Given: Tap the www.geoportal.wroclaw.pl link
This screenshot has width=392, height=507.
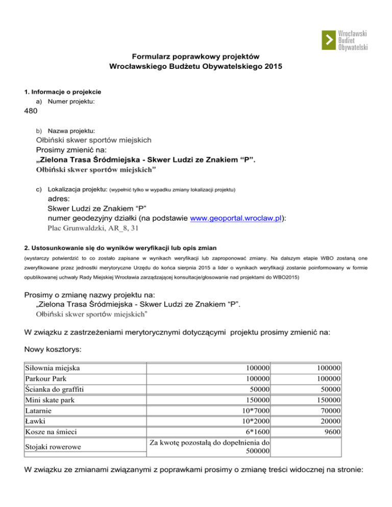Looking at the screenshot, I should (x=236, y=218).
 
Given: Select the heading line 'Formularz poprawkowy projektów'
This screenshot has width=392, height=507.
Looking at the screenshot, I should (x=196, y=56).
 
